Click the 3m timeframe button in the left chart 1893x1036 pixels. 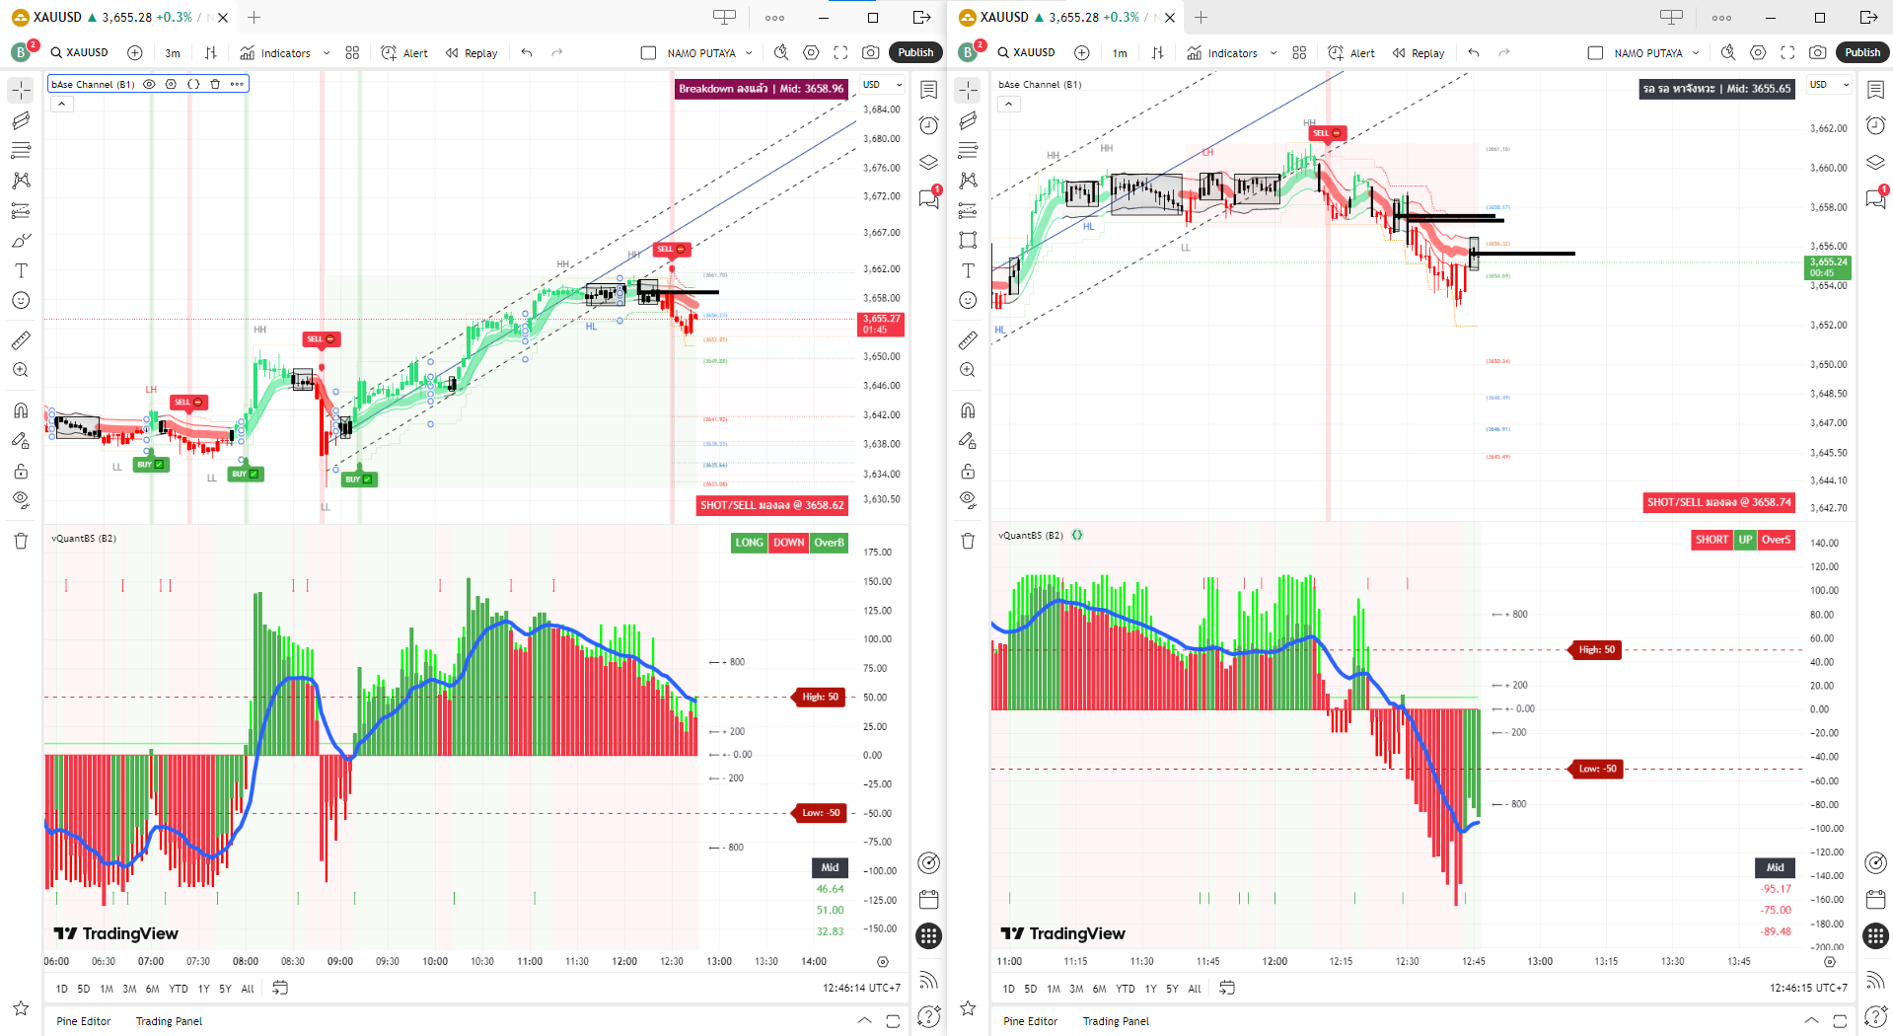point(173,53)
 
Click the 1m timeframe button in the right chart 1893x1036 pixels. point(1120,53)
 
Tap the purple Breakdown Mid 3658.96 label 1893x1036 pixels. point(761,89)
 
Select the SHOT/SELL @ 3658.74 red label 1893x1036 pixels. point(1718,502)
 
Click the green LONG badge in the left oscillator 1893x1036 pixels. point(749,543)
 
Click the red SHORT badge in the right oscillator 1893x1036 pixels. point(1711,540)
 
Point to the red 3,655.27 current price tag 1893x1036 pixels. point(881,324)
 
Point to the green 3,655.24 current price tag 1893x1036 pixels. point(1828,267)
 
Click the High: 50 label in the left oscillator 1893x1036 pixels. point(820,697)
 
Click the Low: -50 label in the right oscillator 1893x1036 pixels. point(1597,769)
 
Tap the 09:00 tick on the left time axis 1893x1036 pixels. point(340,961)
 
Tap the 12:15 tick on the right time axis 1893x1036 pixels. point(1341,961)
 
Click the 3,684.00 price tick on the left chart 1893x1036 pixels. point(881,110)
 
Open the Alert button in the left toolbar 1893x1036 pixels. point(405,53)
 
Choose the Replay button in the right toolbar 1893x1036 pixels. point(1419,53)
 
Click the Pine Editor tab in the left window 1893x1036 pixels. point(83,1021)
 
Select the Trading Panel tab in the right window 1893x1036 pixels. point(1116,1021)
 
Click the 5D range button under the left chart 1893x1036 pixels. point(84,989)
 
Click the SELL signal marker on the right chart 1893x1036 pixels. point(1325,133)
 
